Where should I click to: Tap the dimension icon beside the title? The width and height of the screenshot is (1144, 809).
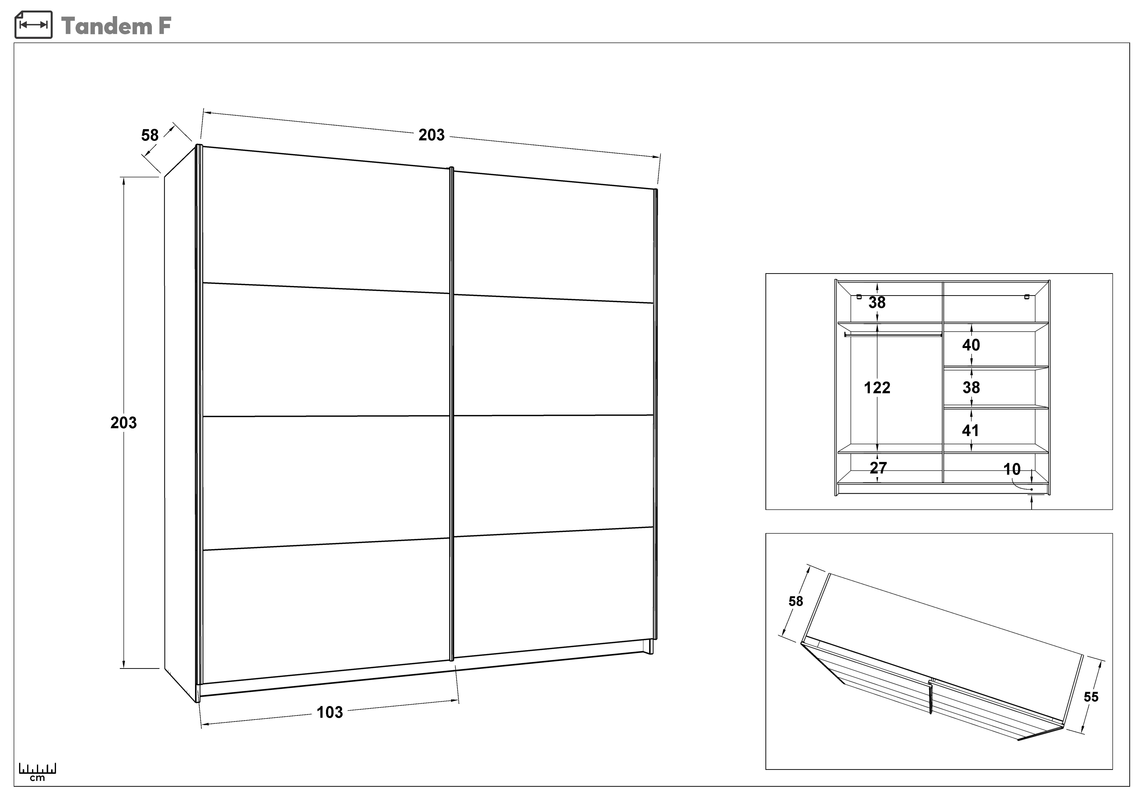pyautogui.click(x=34, y=25)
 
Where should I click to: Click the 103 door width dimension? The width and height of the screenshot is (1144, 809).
pyautogui.click(x=330, y=712)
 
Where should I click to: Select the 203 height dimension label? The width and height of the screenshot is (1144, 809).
pyautogui.click(x=123, y=422)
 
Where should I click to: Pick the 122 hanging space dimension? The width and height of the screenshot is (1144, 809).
pyautogui.click(x=877, y=388)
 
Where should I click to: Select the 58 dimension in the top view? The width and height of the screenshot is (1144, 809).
pyautogui.click(x=796, y=601)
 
